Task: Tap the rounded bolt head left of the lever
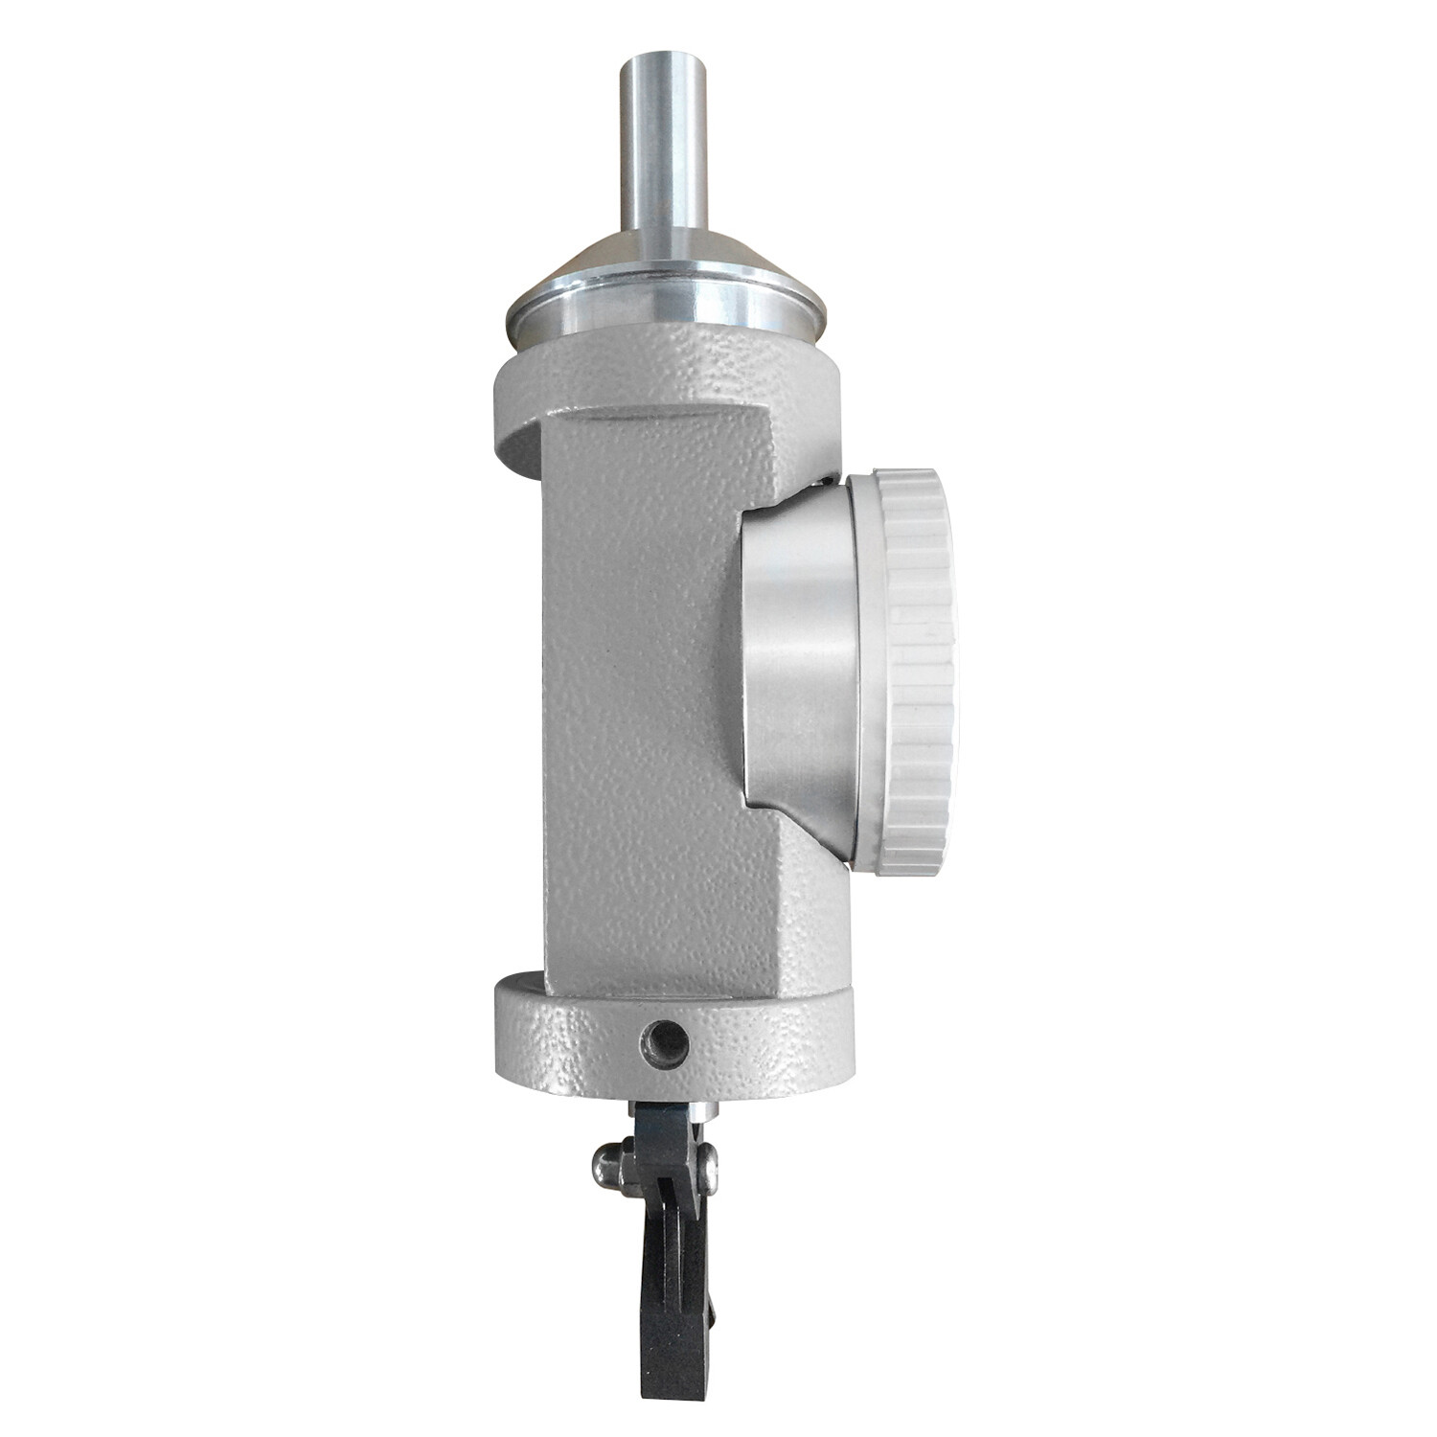tap(605, 1165)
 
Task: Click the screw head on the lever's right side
tap(708, 1161)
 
